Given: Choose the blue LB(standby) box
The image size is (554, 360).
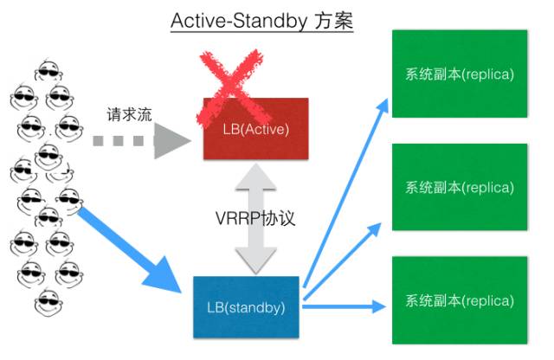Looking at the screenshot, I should [x=245, y=306].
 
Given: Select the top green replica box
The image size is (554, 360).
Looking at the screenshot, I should [x=459, y=74].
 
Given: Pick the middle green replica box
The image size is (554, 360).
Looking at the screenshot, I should [x=459, y=187].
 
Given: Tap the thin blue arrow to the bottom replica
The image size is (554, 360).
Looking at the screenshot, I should [x=346, y=304].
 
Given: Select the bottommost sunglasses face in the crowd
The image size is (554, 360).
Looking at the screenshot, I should [x=48, y=303].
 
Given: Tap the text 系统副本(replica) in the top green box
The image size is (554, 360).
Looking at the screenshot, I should [x=459, y=74].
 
